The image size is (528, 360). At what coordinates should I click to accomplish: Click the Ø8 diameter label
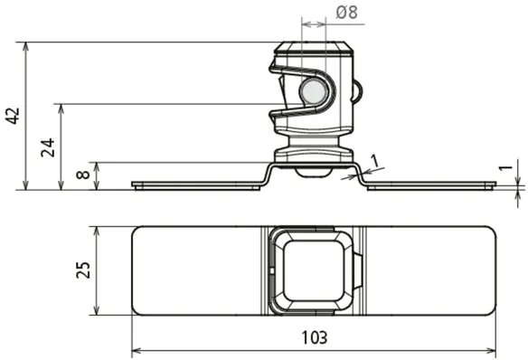346,13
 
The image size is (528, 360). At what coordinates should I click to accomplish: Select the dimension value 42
14,116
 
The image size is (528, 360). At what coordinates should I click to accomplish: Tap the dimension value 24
48,147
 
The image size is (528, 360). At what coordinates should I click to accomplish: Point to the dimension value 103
314,337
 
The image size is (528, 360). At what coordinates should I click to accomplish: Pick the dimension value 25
83,270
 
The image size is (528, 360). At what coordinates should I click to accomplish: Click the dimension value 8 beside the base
83,175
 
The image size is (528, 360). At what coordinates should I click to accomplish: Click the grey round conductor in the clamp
313,91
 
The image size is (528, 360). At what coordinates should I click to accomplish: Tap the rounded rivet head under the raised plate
313,172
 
